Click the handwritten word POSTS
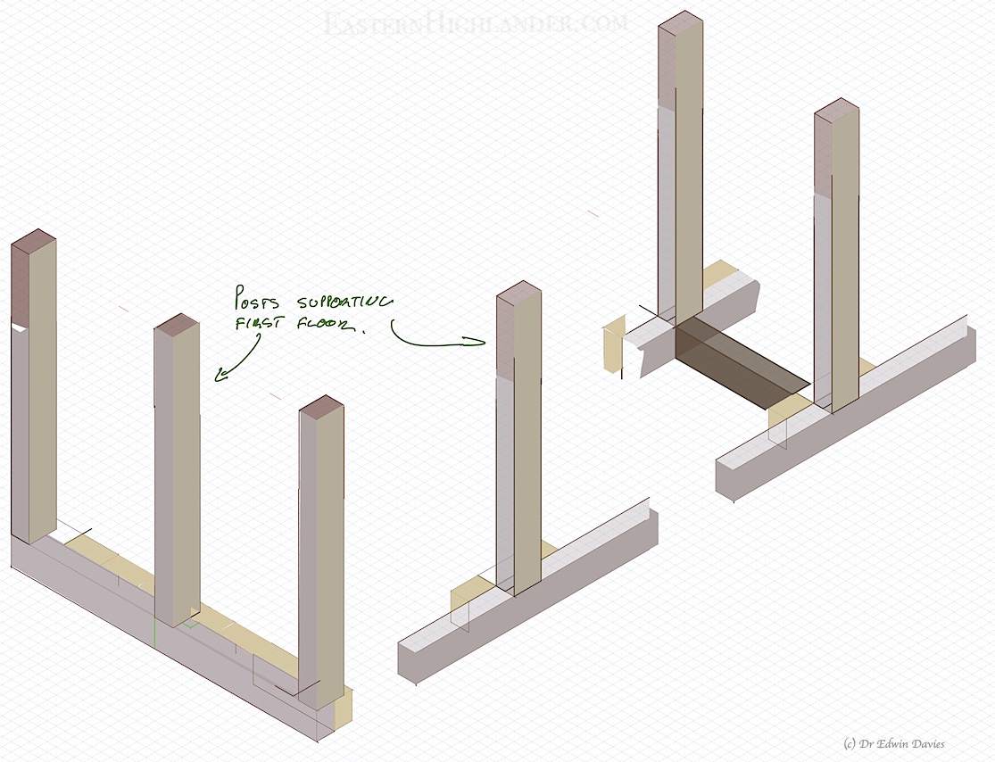[x=256, y=297]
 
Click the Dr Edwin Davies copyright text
[x=892, y=743]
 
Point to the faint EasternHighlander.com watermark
[x=476, y=23]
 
